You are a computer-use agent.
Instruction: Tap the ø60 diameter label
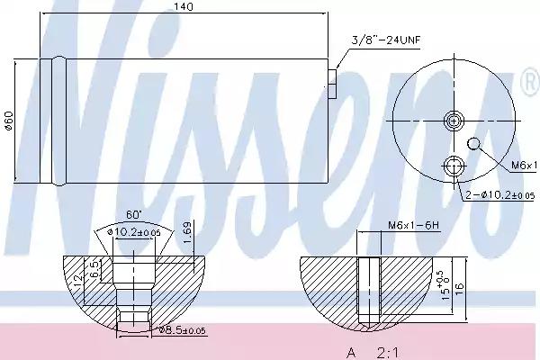pyautogui.click(x=8, y=121)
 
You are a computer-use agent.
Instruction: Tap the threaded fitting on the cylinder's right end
pyautogui.click(x=333, y=83)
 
